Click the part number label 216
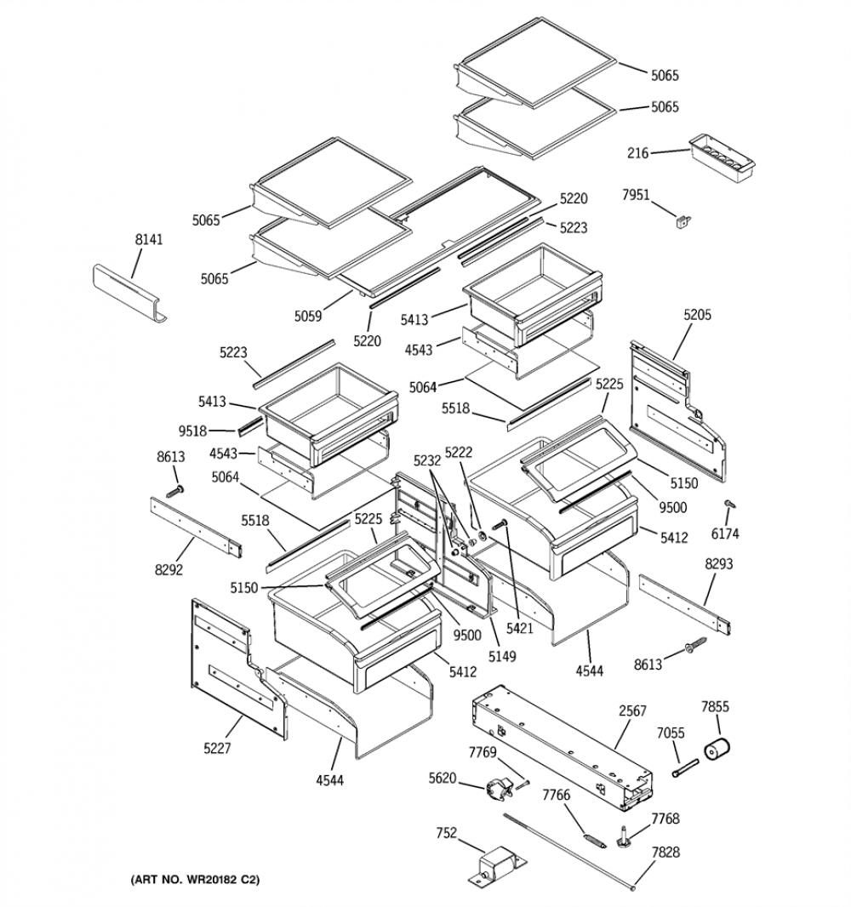[638, 153]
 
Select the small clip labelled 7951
[684, 220]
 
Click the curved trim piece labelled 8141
[129, 293]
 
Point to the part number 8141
[149, 239]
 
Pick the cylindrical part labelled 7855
[717, 748]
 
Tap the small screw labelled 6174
[729, 505]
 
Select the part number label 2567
[632, 710]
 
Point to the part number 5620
[443, 779]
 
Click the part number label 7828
[665, 852]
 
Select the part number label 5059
[308, 316]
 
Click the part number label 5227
[217, 749]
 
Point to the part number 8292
[168, 570]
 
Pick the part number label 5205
[697, 316]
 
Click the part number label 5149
[501, 657]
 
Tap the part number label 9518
[192, 431]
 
